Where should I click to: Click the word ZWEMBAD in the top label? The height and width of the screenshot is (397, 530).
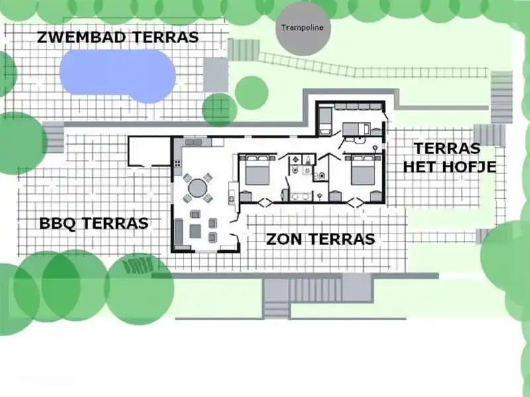(81, 37)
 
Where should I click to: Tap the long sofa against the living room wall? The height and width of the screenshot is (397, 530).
(179, 232)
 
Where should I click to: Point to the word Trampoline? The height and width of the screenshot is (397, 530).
(297, 28)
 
